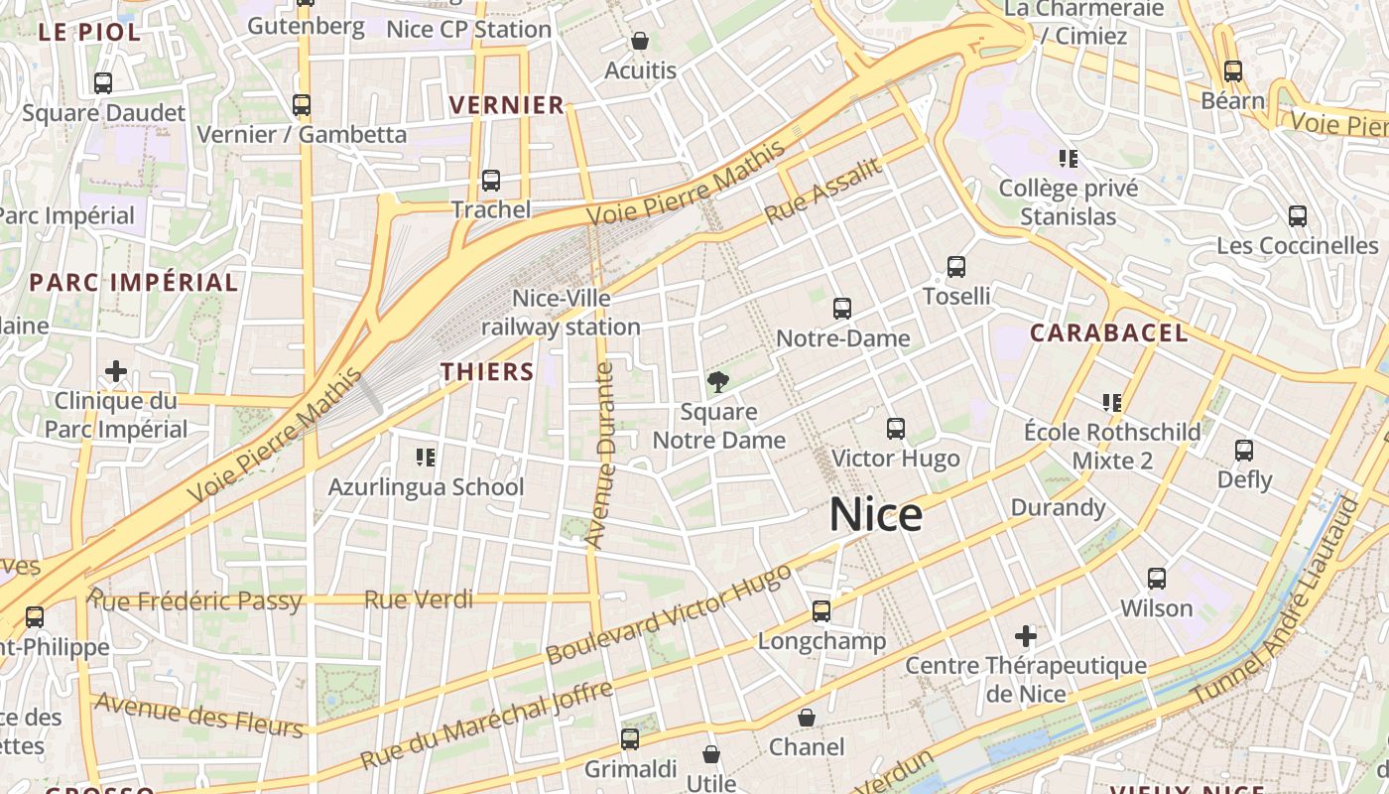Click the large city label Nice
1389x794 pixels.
[x=875, y=515]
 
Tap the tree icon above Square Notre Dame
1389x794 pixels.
[x=717, y=382]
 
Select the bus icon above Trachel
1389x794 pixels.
[x=491, y=181]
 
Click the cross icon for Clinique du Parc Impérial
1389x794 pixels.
[x=116, y=372]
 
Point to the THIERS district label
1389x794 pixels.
[x=487, y=372]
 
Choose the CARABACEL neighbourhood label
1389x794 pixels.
[x=1108, y=333]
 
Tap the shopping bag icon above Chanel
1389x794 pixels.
[x=807, y=718]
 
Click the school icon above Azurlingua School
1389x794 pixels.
[x=426, y=458]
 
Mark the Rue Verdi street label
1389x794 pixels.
[x=418, y=599]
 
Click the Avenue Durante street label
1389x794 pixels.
[x=600, y=456]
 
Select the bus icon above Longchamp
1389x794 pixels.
[x=821, y=611]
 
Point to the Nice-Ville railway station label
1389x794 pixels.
[x=561, y=312]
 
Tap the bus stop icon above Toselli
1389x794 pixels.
[x=956, y=267]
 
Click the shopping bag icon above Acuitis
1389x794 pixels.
[x=640, y=42]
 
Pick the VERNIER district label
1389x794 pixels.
[x=506, y=105]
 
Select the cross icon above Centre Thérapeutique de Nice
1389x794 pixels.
[x=1026, y=635]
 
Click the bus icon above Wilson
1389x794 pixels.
[x=1157, y=579]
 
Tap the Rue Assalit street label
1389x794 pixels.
[x=822, y=191]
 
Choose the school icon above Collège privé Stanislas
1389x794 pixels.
[x=1069, y=159]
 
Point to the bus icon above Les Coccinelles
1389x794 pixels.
[x=1297, y=216]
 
